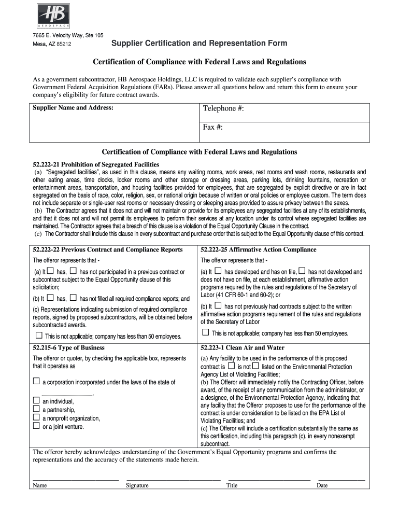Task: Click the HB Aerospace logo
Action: pyautogui.click(x=53, y=16)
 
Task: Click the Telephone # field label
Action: pyautogui.click(x=223, y=108)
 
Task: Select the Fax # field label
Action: pyautogui.click(x=212, y=127)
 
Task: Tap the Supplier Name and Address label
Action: pyautogui.click(x=73, y=108)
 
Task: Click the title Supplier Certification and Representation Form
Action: pyautogui.click(x=200, y=43)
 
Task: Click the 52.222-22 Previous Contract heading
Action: pyautogui.click(x=108, y=249)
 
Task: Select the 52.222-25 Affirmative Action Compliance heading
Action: pyautogui.click(x=258, y=249)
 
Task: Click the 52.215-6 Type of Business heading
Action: pyautogui.click(x=68, y=347)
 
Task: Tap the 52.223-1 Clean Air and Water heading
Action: pyautogui.click(x=243, y=347)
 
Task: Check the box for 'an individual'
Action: pyautogui.click(x=36, y=400)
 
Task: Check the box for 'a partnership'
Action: pyautogui.click(x=36, y=409)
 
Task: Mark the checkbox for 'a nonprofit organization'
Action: pyautogui.click(x=36, y=417)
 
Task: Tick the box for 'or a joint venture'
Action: pyautogui.click(x=36, y=426)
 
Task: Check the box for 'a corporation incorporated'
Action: pyautogui.click(x=36, y=381)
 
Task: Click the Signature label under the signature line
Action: pyautogui.click(x=137, y=485)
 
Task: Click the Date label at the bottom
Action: pyautogui.click(x=322, y=485)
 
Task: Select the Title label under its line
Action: pyautogui.click(x=232, y=485)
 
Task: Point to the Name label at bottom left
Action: pyautogui.click(x=40, y=485)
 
